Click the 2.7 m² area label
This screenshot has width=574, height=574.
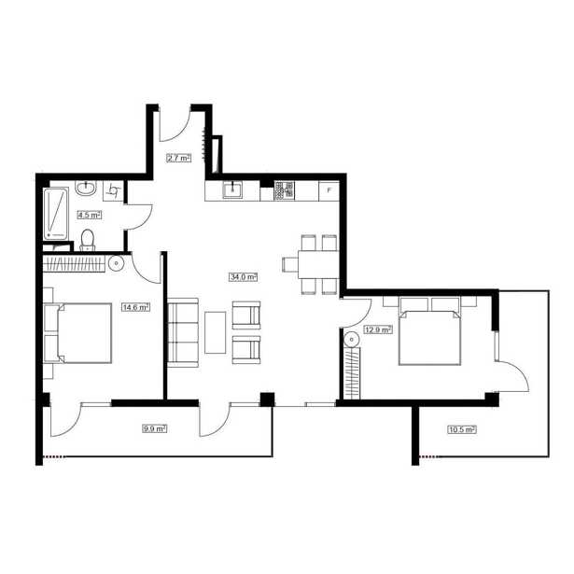179,158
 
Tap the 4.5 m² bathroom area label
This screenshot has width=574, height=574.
90,215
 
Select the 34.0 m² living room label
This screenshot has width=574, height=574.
244,277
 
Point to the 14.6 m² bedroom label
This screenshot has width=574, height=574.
136,307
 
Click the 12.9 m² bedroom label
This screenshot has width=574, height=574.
378,329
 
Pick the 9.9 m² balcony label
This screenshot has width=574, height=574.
155,428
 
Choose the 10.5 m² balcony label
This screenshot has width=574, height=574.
462,429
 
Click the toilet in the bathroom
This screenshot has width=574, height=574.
88,241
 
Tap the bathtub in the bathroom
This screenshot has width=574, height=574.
56,214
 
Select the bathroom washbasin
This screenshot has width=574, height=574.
86,189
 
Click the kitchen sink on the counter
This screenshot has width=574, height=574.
232,190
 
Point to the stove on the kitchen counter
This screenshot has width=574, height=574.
285,190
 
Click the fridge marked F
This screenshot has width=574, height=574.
329,190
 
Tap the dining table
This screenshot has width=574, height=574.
318,265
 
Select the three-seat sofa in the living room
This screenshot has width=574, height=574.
183,332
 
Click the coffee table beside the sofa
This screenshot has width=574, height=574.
216,332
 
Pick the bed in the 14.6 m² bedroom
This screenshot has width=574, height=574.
78,333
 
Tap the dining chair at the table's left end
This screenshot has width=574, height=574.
290,265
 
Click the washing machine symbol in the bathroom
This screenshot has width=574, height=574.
113,190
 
